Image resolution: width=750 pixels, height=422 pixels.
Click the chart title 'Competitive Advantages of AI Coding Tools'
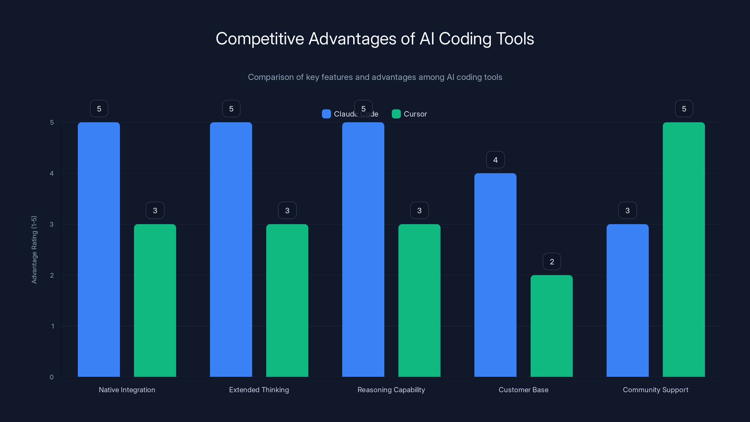tap(375, 39)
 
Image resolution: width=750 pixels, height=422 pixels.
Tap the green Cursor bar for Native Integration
tap(155, 300)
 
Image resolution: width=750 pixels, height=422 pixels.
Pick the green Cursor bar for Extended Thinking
tap(287, 300)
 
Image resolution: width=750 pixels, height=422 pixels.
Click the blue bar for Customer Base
tap(495, 275)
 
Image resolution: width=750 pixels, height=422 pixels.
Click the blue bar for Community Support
tap(627, 300)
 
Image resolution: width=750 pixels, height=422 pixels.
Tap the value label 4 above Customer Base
tap(495, 160)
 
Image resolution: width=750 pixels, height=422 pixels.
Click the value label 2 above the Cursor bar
tap(552, 262)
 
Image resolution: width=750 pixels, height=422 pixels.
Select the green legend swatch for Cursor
tap(396, 114)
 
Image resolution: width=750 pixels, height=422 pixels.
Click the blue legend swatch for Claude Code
tap(326, 114)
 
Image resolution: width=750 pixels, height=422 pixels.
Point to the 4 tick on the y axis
tap(52, 173)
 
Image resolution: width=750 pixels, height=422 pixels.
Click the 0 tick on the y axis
tap(52, 377)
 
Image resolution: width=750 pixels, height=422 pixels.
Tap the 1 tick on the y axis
tap(52, 326)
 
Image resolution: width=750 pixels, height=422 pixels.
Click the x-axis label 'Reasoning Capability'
tap(391, 390)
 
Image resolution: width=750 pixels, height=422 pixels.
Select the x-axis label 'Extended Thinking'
tap(259, 390)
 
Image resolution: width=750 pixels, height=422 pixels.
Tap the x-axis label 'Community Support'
tap(655, 390)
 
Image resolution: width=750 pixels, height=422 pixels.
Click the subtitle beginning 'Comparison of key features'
tap(375, 77)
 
